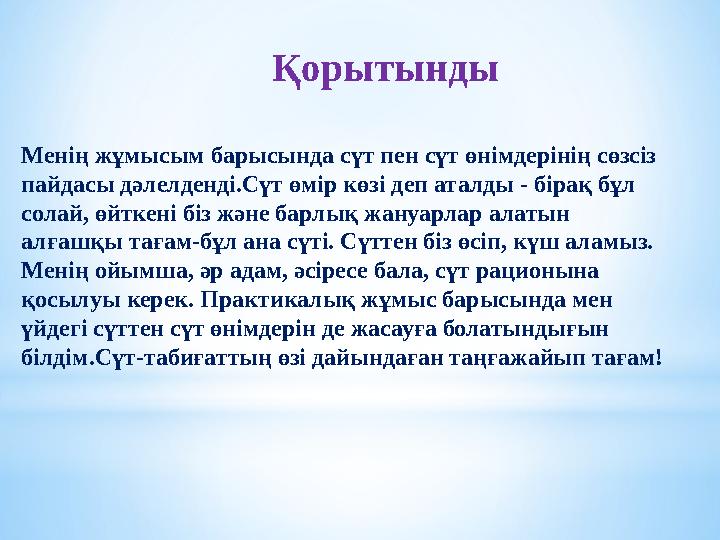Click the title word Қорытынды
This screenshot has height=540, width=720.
385,70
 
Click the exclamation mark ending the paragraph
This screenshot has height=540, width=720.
658,357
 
